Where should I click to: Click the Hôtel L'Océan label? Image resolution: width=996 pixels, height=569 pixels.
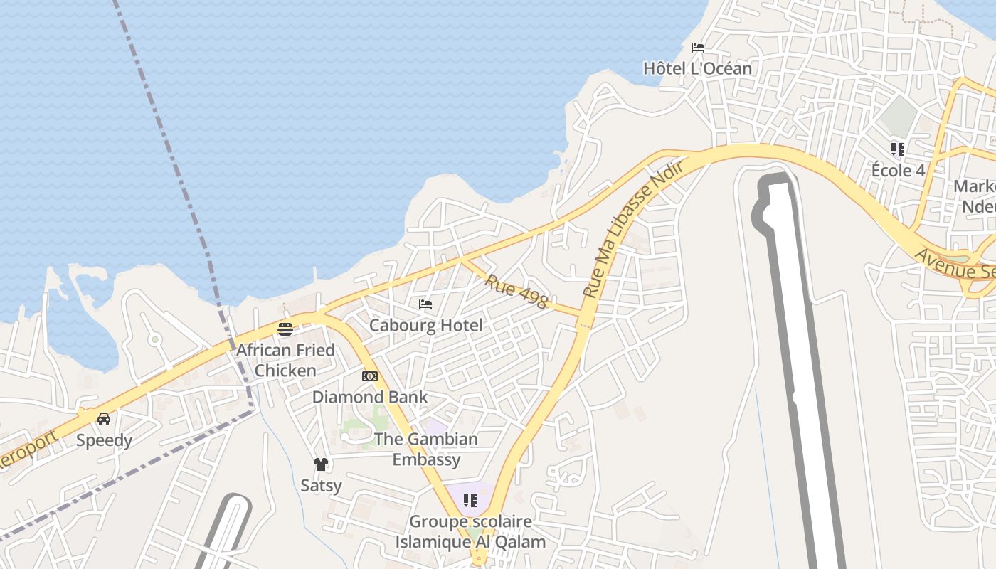[697, 68]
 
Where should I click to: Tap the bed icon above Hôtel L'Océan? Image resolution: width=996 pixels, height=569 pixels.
[698, 48]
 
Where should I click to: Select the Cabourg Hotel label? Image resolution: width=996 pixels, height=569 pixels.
[425, 325]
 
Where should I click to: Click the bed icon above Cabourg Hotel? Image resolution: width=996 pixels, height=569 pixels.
[425, 304]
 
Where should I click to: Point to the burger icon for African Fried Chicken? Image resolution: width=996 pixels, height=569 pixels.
[285, 329]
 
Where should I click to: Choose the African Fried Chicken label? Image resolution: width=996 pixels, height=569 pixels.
[285, 360]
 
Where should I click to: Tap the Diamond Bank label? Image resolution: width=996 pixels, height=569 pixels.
[370, 397]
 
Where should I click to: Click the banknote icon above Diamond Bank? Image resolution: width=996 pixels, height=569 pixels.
[370, 376]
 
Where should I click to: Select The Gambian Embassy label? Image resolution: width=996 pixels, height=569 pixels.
[426, 449]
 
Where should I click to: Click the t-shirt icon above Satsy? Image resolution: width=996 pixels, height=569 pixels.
[321, 464]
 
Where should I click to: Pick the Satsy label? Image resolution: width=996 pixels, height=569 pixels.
[321, 486]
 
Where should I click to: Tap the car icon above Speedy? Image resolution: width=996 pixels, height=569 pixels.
[104, 419]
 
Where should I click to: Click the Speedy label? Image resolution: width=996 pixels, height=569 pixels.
[104, 440]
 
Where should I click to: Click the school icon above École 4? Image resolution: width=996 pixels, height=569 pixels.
[898, 149]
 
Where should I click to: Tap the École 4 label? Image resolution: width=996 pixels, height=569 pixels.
[898, 171]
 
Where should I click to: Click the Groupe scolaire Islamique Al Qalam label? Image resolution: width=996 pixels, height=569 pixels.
[470, 531]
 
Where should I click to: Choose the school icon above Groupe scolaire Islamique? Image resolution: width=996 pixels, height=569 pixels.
[470, 501]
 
